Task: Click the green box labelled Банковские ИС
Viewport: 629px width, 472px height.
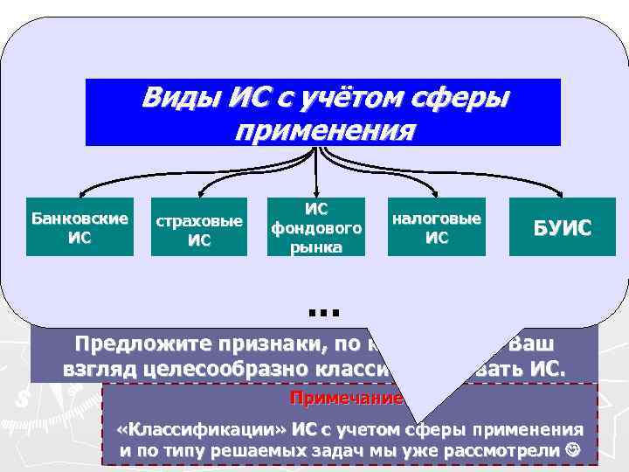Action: coord(79,226)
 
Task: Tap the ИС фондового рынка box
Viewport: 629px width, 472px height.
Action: coord(316,226)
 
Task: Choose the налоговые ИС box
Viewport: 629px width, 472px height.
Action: coord(436,226)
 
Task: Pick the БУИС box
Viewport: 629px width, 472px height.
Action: coord(563,228)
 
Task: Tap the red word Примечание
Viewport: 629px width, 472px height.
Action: coord(347,398)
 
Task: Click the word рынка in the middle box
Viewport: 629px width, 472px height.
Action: coord(316,246)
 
